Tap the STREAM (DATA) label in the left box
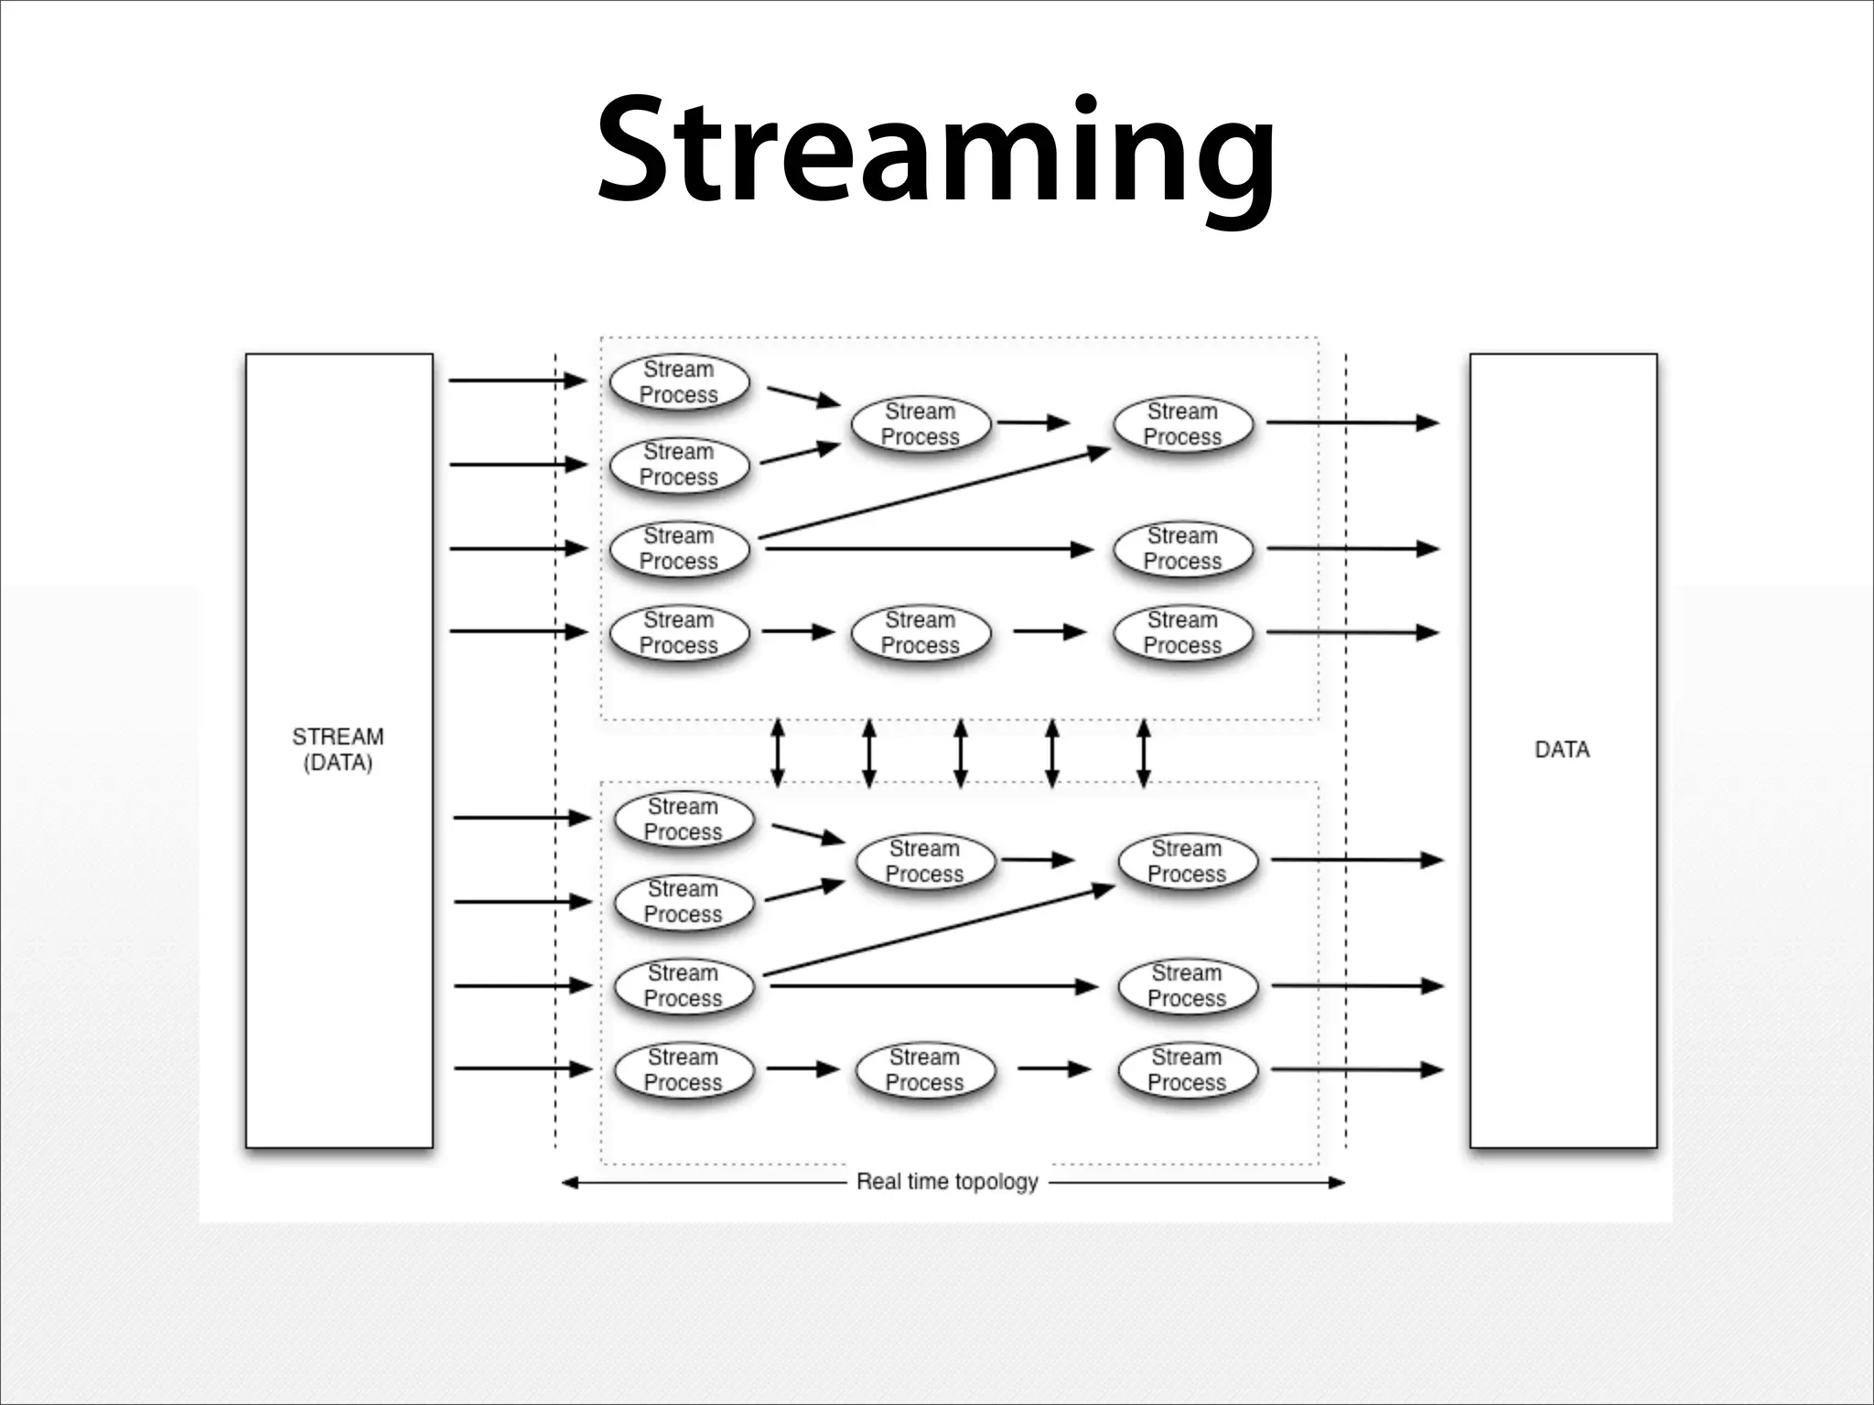[338, 749]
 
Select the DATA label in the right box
[1562, 749]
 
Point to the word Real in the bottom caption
[878, 1182]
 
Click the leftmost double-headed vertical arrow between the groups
[777, 753]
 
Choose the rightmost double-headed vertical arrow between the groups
[1143, 753]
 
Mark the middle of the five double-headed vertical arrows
[960, 753]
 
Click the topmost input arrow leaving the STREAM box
[517, 380]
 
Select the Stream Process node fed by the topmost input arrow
[679, 382]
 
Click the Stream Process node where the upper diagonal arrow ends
[1182, 424]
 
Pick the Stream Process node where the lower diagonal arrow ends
[1187, 862]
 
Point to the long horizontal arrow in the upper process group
[929, 549]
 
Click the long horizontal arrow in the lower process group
[933, 986]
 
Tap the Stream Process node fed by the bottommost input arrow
[684, 1070]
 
